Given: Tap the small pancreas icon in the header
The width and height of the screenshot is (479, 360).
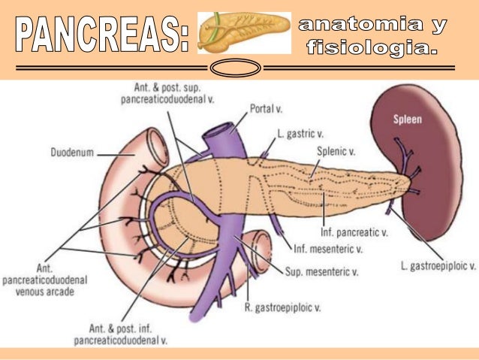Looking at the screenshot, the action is point(244,33).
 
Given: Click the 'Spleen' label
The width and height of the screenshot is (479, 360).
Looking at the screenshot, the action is point(408,119).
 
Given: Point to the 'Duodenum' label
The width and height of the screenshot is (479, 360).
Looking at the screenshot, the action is point(72,152).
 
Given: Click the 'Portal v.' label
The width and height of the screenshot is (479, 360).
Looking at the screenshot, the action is point(266,109).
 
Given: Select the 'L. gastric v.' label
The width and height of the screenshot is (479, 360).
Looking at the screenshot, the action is point(300,133).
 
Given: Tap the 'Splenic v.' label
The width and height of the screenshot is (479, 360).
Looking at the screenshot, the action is point(336,150).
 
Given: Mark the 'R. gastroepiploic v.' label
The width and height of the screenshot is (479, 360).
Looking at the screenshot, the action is point(283,307).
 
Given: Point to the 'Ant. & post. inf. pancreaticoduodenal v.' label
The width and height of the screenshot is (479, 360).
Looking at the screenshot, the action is point(120,334).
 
